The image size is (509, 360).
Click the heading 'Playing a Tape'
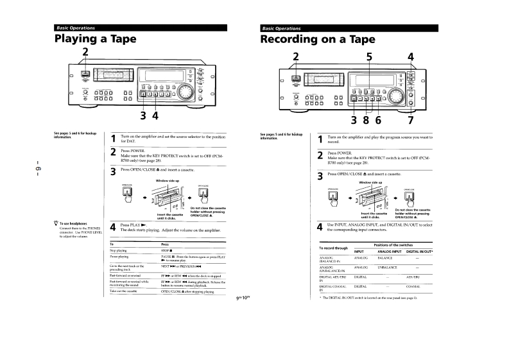point(95,39)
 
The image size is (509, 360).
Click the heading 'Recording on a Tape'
point(317,39)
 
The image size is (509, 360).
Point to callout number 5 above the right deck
point(368,56)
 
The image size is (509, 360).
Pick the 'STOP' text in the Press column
point(168,251)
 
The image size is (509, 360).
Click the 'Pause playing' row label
point(121,257)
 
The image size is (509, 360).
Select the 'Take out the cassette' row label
point(124,291)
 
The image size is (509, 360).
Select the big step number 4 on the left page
point(113,227)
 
